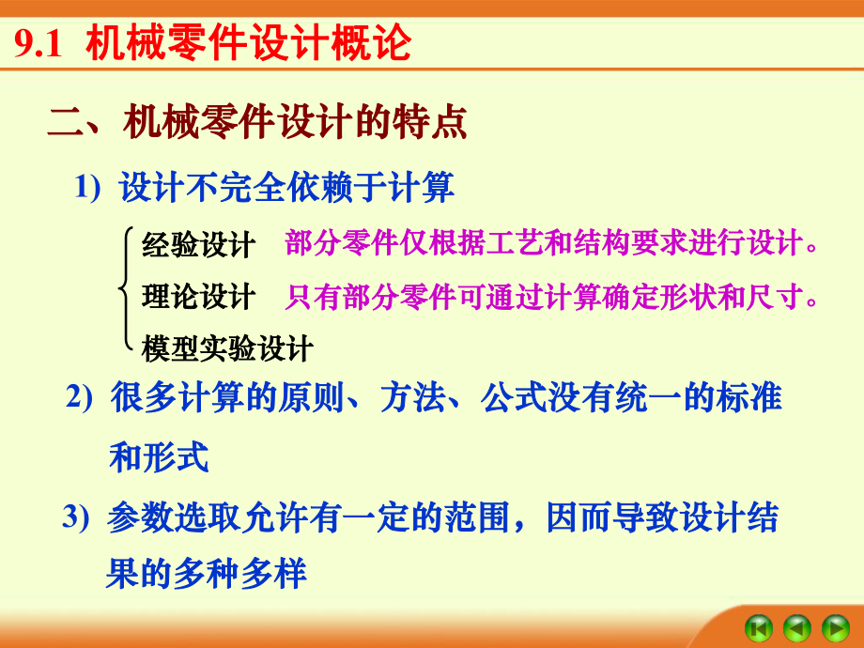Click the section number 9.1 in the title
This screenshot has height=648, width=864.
38,44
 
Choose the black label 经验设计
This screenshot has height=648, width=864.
198,246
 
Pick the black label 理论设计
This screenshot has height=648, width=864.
198,297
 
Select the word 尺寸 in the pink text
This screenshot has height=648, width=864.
779,297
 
